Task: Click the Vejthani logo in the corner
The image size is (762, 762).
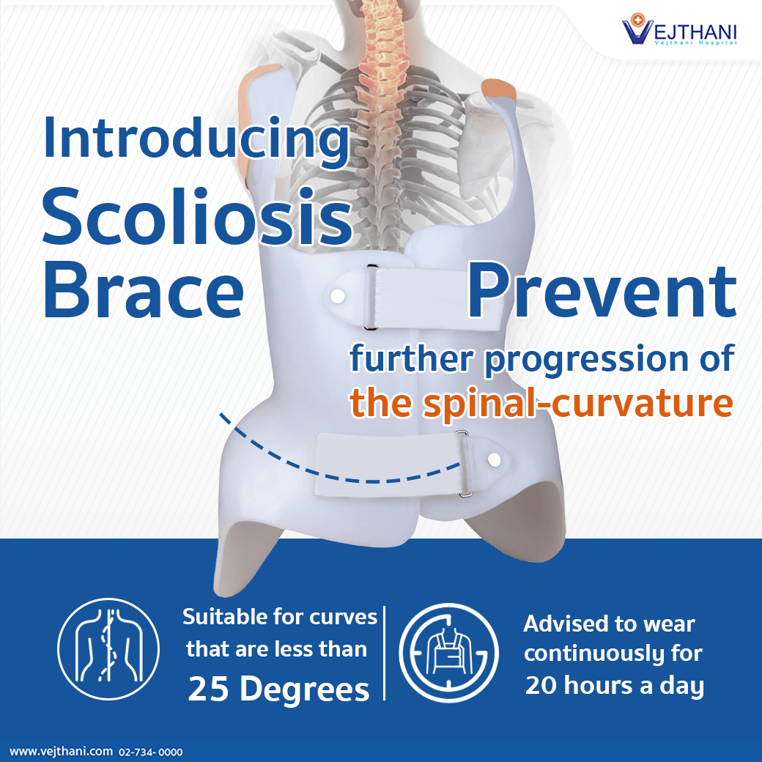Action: (679, 29)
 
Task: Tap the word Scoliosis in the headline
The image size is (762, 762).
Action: (197, 217)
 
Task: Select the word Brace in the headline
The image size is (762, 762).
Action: (144, 290)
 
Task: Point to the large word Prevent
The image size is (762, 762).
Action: (602, 292)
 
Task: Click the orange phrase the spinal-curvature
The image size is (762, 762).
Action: (541, 404)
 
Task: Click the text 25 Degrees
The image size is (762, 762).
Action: (278, 689)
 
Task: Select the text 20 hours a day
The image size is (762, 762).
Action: (614, 686)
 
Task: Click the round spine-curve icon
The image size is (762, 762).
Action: (108, 649)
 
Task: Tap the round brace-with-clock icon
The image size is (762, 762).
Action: (448, 653)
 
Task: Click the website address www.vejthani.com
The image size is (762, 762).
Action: (62, 751)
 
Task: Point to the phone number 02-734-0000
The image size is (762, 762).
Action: (151, 752)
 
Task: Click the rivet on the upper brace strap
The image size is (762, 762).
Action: (338, 296)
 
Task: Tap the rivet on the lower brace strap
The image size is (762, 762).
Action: (495, 459)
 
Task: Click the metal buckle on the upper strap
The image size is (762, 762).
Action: (371, 297)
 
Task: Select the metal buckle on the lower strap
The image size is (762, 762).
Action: (464, 464)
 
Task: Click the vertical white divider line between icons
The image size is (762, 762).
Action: (385, 653)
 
